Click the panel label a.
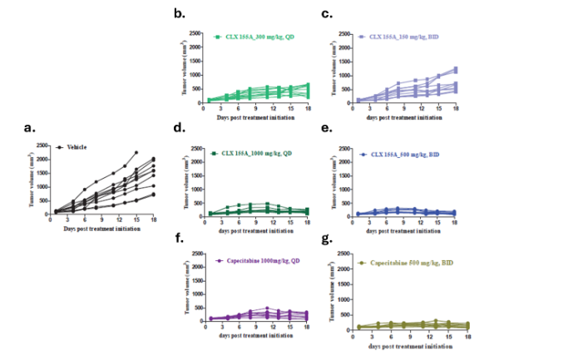point(31,127)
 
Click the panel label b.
point(178,14)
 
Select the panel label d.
point(178,128)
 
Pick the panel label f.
point(177,241)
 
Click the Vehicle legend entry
point(71,147)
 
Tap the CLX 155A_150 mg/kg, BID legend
point(397,37)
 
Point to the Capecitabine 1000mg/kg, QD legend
point(255,260)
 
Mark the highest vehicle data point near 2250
point(136,152)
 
